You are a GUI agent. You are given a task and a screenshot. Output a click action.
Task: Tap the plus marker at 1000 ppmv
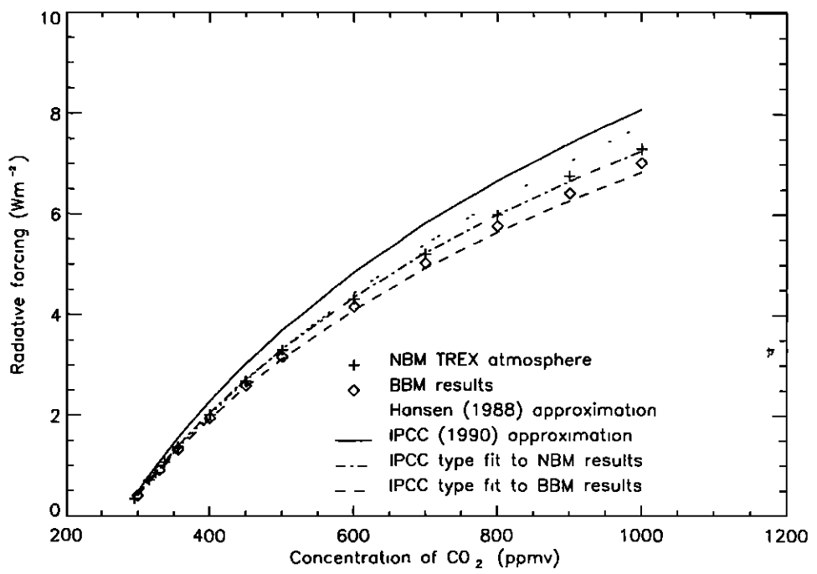click(x=642, y=149)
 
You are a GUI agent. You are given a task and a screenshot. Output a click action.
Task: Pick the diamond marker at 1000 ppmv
click(x=641, y=163)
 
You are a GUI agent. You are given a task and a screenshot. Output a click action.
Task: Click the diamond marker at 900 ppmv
click(x=570, y=193)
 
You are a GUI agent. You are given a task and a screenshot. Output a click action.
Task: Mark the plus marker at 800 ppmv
click(x=498, y=215)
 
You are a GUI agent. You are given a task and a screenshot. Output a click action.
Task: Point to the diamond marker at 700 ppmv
click(x=426, y=264)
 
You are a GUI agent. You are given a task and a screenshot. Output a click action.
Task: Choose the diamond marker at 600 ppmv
click(x=354, y=306)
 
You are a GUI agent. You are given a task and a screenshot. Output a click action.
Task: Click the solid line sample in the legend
click(x=354, y=436)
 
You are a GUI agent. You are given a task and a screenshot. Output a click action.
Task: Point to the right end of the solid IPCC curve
click(x=641, y=110)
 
